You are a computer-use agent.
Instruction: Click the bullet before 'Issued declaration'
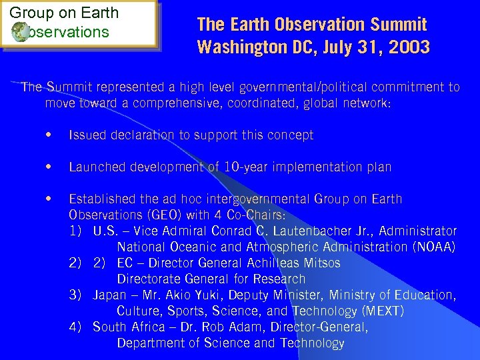49,135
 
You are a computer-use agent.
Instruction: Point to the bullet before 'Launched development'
49,167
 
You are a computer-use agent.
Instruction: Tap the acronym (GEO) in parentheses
153,215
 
